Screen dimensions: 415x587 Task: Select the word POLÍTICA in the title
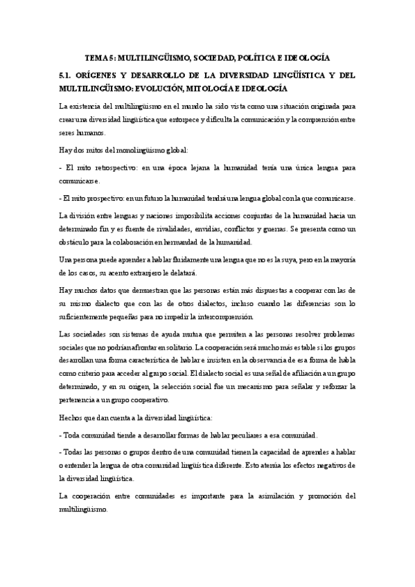[x=261, y=58]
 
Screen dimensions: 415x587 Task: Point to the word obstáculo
[x=79, y=242]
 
